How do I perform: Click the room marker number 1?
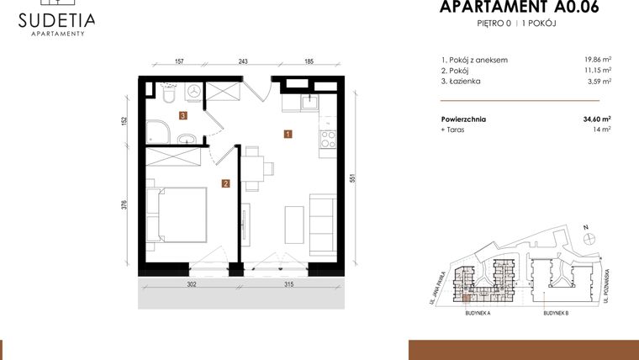[288, 133]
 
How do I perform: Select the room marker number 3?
[182, 116]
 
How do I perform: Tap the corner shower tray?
[158, 130]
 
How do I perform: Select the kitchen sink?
[309, 103]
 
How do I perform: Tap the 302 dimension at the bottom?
[191, 285]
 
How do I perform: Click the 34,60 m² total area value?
[597, 119]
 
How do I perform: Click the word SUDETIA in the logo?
[58, 19]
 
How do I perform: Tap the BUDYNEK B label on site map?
[556, 313]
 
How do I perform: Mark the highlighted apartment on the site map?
[464, 296]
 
